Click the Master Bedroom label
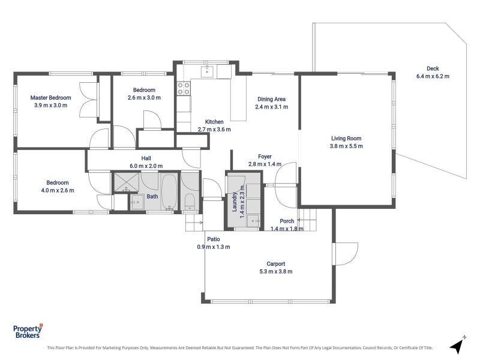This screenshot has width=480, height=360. pos(50,98)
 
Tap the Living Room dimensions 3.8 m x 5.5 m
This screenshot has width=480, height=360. pos(346,146)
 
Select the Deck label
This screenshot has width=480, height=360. pos(433,68)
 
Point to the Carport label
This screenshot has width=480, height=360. pos(275,263)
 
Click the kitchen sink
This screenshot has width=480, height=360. pos(207,71)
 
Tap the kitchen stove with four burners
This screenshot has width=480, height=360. pos(184,88)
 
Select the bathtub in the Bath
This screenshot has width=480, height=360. pos(169,191)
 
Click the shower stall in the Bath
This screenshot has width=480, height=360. pos(127,182)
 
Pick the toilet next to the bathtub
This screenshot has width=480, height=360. pos(190,202)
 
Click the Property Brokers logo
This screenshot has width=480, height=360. pos(28,331)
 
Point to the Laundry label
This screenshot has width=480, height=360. pos(235,202)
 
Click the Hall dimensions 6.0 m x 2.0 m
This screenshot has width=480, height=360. pos(146,166)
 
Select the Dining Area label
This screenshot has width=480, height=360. pos(271,99)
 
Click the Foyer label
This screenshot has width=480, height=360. pos(265,157)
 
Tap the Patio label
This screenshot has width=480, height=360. pos(214,239)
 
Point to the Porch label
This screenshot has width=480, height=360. pos(287,221)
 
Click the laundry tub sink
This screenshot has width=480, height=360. pos(253,221)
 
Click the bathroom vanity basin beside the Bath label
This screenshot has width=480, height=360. pos(137,202)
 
